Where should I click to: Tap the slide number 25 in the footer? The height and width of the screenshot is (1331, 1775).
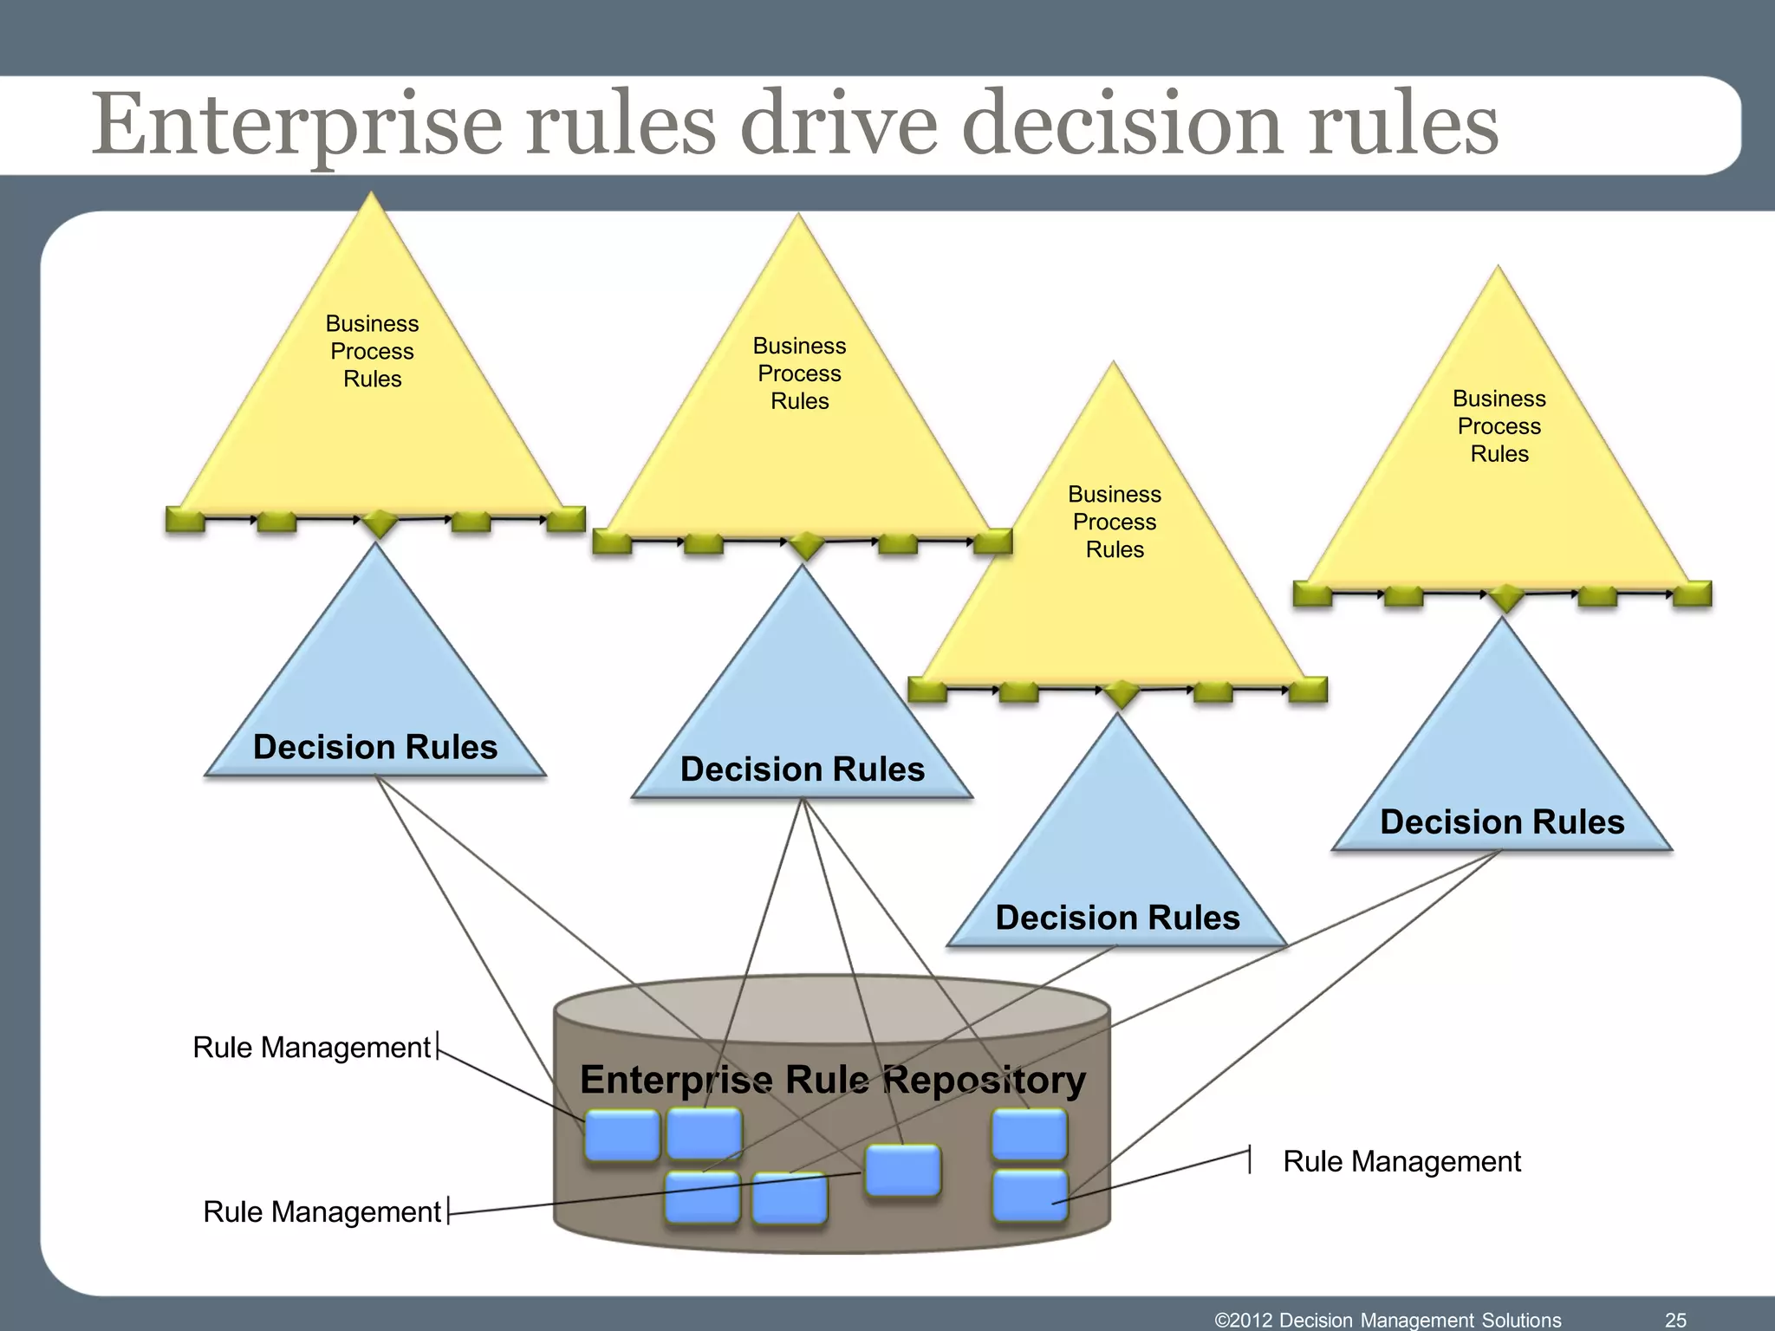[1675, 1320]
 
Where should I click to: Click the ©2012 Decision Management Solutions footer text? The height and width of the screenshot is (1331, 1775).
[1388, 1320]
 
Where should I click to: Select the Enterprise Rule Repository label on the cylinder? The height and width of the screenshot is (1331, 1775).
[832, 1080]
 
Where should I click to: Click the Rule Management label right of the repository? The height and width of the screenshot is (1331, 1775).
[1401, 1161]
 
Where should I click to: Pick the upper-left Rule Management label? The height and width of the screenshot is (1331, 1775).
[311, 1048]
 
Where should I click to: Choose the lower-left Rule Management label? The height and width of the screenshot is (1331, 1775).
[322, 1211]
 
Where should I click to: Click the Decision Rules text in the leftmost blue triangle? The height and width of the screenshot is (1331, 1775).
[374, 747]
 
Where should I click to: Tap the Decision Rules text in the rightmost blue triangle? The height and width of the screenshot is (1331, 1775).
[1501, 821]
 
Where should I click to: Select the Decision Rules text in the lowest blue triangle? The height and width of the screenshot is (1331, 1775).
[1117, 918]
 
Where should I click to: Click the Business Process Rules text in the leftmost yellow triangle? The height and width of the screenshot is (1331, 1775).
[372, 351]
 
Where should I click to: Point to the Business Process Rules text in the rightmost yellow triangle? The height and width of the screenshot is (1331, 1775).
[1499, 425]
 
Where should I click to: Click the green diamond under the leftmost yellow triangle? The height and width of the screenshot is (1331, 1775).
[379, 523]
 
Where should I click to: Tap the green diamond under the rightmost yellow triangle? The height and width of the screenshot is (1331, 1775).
[1506, 597]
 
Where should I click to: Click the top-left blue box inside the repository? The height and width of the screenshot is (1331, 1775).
[621, 1135]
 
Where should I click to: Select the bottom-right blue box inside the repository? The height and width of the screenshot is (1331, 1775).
[1030, 1196]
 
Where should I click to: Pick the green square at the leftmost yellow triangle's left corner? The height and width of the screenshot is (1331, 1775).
[184, 519]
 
